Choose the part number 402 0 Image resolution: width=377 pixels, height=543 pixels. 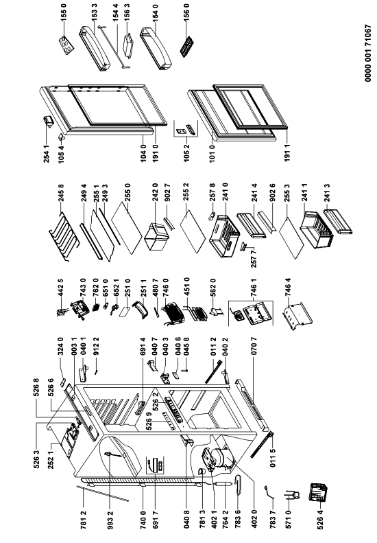[x=254, y=518]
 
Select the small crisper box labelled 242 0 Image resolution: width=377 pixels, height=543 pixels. [x=155, y=237]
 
